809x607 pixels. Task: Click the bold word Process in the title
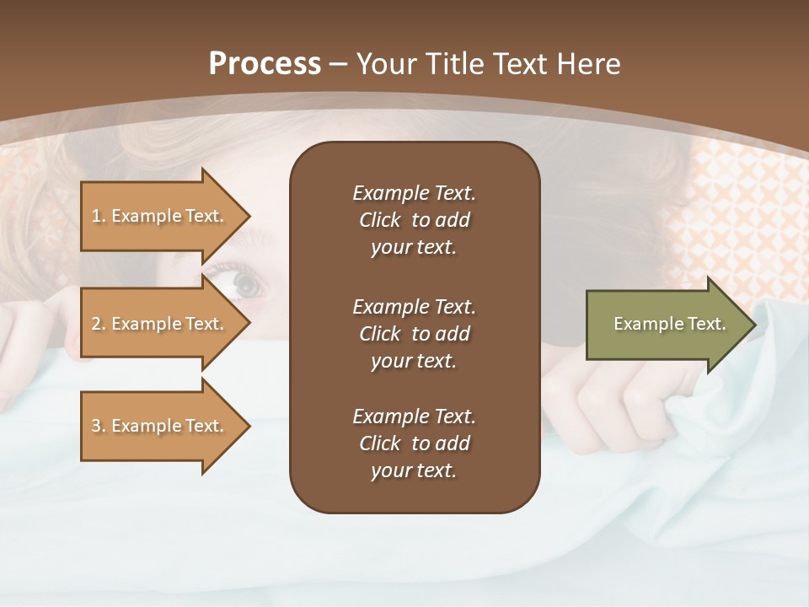click(265, 64)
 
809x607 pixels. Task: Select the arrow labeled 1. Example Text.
click(160, 216)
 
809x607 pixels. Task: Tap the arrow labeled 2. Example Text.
click(160, 324)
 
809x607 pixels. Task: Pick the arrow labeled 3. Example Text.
click(160, 426)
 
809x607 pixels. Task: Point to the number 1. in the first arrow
click(99, 216)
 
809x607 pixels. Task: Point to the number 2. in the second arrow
click(99, 324)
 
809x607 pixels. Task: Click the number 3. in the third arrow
click(99, 426)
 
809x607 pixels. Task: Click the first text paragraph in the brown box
click(414, 220)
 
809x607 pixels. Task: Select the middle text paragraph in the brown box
click(414, 333)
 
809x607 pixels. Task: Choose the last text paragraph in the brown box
click(414, 443)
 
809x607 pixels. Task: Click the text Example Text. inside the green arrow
click(669, 324)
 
